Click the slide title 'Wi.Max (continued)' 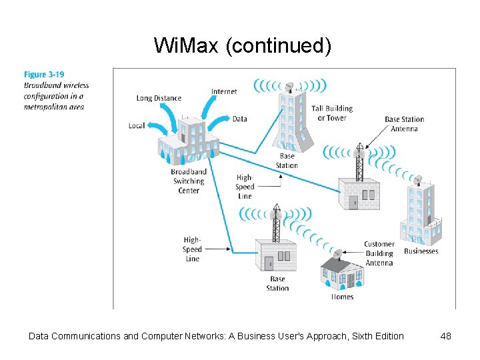[x=242, y=45]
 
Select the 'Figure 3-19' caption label [x=44, y=75]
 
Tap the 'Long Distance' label [x=159, y=99]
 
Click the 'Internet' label [x=224, y=91]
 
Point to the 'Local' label [x=137, y=125]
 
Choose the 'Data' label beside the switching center [x=240, y=119]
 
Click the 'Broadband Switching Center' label [x=189, y=181]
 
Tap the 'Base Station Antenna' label [x=404, y=124]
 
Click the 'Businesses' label [x=421, y=251]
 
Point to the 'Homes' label [x=343, y=297]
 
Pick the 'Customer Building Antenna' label [x=379, y=253]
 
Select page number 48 [x=446, y=336]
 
